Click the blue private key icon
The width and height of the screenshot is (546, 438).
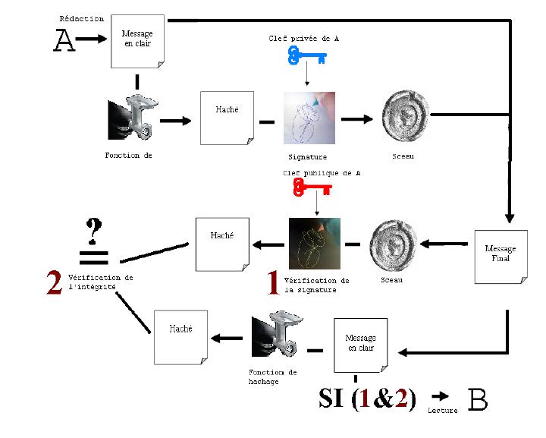[x=307, y=56]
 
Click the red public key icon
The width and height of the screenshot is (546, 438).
[x=312, y=187]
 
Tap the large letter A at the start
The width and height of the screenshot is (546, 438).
[x=64, y=40]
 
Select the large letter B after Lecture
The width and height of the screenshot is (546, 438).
[x=478, y=399]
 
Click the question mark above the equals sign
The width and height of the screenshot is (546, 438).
[x=93, y=232]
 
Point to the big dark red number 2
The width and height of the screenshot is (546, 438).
[x=55, y=282]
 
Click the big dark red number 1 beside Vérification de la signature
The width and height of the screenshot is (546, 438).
[x=274, y=282]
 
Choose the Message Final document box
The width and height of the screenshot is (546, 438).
[x=501, y=257]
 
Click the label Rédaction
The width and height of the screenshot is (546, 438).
[x=81, y=19]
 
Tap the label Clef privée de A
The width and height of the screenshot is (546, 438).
[x=303, y=38]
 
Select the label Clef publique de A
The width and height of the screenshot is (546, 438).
[x=322, y=173]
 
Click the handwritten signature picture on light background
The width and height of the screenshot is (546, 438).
[x=309, y=118]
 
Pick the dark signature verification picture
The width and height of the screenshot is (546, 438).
[x=315, y=244]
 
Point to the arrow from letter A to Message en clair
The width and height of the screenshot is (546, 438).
[x=91, y=38]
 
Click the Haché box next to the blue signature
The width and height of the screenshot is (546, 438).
[x=227, y=118]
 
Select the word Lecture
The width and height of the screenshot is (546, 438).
[x=443, y=411]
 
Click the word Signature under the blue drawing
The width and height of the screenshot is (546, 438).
[x=308, y=157]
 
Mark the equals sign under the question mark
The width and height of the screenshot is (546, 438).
[x=94, y=257]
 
